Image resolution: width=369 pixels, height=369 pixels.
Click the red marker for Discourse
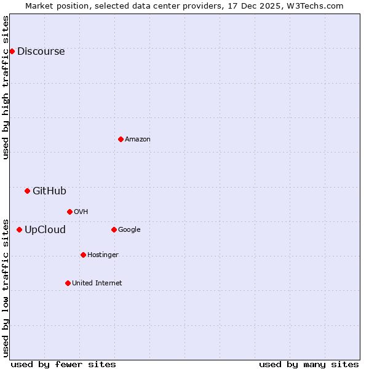click(x=12, y=51)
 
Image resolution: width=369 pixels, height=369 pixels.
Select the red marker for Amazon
click(x=121, y=139)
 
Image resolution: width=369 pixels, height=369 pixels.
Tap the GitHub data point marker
click(x=27, y=191)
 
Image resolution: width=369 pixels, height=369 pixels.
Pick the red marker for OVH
click(x=69, y=212)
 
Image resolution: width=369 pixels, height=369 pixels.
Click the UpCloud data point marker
click(x=19, y=229)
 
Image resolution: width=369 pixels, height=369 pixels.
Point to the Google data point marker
click(x=114, y=229)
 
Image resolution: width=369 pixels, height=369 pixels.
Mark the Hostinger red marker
click(x=83, y=255)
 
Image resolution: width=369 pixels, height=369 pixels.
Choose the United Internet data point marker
click(x=68, y=283)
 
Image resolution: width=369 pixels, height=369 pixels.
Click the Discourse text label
click(x=41, y=51)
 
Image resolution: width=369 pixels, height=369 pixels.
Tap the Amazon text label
click(x=138, y=139)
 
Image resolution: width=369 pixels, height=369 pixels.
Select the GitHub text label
click(x=49, y=191)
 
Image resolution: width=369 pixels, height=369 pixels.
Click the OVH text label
click(x=81, y=212)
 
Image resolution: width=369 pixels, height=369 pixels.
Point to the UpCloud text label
click(x=45, y=229)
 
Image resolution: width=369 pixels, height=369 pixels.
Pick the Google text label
click(x=129, y=229)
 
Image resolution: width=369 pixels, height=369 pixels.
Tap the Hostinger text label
click(x=103, y=255)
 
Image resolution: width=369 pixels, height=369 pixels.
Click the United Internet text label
click(x=97, y=283)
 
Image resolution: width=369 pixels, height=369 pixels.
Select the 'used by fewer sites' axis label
click(x=63, y=364)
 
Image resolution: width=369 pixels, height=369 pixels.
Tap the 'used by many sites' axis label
click(x=309, y=364)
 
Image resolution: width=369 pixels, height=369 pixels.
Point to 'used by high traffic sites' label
click(x=6, y=87)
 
